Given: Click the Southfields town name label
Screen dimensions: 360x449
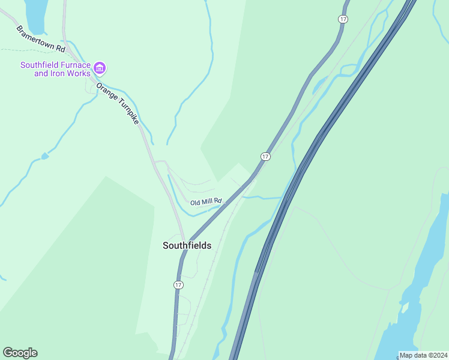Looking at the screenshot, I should pyautogui.click(x=187, y=245).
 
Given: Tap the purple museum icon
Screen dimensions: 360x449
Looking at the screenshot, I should pyautogui.click(x=100, y=68).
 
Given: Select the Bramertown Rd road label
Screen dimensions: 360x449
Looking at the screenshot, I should pyautogui.click(x=41, y=38).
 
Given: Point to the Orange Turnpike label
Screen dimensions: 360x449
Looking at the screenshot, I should pyautogui.click(x=118, y=103).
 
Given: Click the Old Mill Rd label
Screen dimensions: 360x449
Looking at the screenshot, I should pyautogui.click(x=206, y=202).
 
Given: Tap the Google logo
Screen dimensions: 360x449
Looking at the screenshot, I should pyautogui.click(x=20, y=353).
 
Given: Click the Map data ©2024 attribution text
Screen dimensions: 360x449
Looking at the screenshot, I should pyautogui.click(x=423, y=355).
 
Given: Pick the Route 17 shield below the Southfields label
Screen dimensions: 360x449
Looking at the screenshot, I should pyautogui.click(x=178, y=284).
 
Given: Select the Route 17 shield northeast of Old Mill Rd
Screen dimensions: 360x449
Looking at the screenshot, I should pyautogui.click(x=265, y=157).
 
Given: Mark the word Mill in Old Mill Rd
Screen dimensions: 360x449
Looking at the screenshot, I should pyautogui.click(x=208, y=202).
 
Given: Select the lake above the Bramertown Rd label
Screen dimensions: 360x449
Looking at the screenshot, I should pyautogui.click(x=35, y=15).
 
